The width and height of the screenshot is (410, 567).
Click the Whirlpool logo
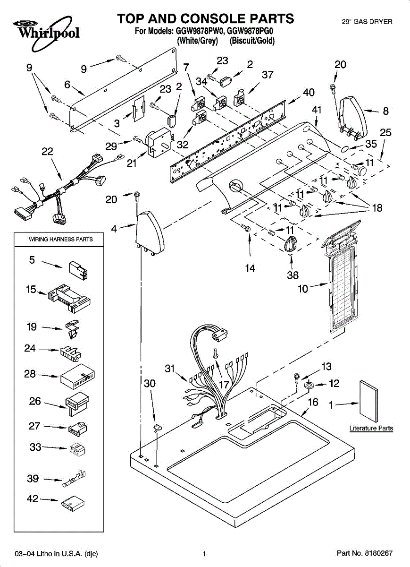point(42,30)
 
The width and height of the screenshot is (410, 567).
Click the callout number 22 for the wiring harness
point(47,152)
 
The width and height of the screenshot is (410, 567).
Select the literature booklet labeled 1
point(369,401)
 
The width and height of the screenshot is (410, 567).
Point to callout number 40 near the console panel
point(309,93)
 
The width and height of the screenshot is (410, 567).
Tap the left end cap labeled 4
point(150,232)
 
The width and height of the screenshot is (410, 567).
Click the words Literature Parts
point(371,428)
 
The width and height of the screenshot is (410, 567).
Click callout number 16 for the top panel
point(313,402)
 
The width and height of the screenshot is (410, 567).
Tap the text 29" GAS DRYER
point(367,22)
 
